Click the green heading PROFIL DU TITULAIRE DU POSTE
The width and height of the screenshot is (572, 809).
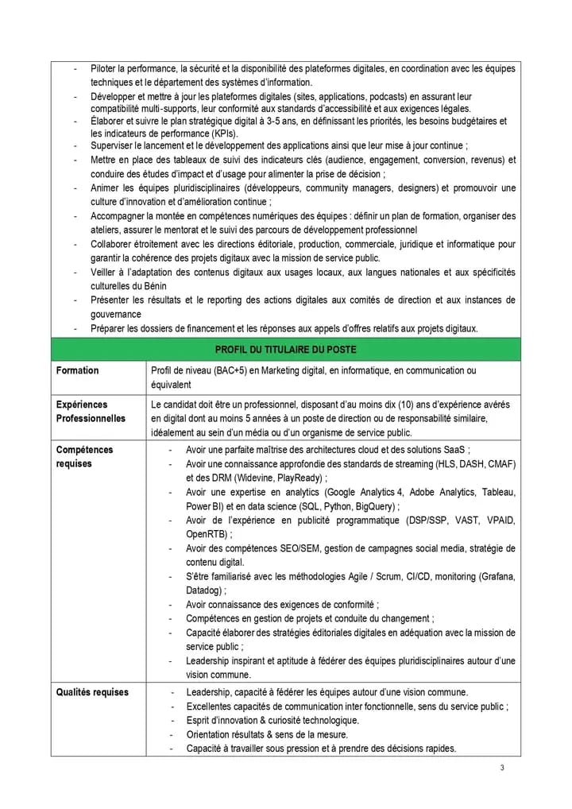[x=285, y=349]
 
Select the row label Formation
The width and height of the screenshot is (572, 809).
[x=78, y=370]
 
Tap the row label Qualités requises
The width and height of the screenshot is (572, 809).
[x=92, y=692]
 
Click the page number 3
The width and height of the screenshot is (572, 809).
[x=502, y=768]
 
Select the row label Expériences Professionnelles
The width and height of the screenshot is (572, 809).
[x=91, y=412]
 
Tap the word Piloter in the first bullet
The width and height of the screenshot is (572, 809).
[x=105, y=69]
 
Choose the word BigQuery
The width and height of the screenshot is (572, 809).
[x=376, y=506]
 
